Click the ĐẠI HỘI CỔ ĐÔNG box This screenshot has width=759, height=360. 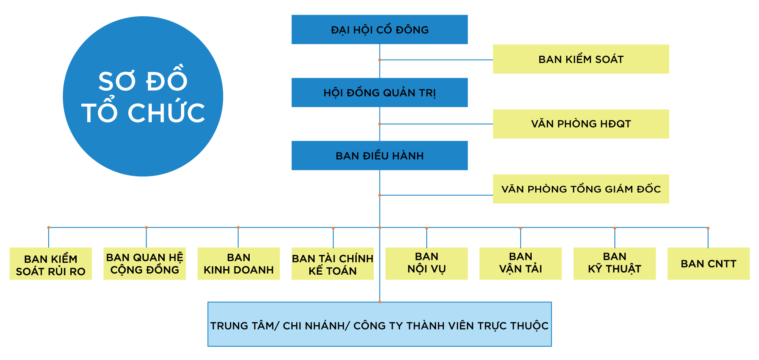click(379, 30)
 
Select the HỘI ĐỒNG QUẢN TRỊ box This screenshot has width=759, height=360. click(379, 93)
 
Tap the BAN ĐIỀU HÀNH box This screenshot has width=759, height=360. click(379, 156)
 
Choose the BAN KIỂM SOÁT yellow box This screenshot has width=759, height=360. click(581, 59)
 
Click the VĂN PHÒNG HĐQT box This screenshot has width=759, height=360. click(581, 124)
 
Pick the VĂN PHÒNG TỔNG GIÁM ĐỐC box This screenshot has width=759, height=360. click(581, 189)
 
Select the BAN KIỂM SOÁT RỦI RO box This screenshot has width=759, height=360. click(50, 264)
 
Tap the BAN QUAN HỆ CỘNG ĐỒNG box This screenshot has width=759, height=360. click(145, 264)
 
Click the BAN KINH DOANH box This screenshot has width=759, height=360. click(238, 264)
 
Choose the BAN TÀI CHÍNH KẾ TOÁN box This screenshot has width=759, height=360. click(332, 264)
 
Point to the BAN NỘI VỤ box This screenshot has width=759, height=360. click(427, 264)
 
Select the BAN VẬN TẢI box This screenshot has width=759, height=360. click(520, 264)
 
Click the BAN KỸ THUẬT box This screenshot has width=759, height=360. click(614, 264)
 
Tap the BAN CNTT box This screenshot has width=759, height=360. click(709, 264)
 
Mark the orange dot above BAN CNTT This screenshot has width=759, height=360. click(708, 228)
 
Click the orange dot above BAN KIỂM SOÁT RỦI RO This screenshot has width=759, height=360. click(49, 227)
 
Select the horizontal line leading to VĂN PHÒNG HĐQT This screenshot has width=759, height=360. click(436, 124)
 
